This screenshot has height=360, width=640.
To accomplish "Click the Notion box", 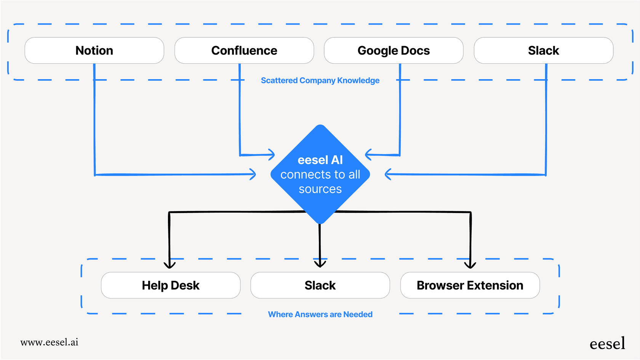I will coord(94,50).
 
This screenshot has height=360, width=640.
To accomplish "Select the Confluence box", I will coord(244,50).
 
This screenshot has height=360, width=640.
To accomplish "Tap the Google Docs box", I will coord(394,50).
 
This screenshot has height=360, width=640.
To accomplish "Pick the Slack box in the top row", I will coord(543,50).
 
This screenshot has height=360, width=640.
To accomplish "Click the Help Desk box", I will coord(170,285).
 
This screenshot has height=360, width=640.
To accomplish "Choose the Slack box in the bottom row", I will coord(320,285).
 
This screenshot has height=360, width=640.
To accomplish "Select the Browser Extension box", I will coord(470,285).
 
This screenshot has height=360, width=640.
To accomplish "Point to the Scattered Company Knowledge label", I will coord(320,80).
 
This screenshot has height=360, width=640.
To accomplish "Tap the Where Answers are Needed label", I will coord(320,314).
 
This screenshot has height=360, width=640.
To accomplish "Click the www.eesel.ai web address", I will coord(49,342).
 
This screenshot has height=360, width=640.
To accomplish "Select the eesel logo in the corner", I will coord(607,344).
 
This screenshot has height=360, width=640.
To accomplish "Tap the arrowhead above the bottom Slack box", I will coord(320,264).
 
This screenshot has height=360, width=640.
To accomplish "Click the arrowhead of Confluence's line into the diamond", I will coord(272,155).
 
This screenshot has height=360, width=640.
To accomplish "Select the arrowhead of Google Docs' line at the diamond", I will coord(368,155).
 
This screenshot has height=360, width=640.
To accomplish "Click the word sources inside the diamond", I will coord(320,189).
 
